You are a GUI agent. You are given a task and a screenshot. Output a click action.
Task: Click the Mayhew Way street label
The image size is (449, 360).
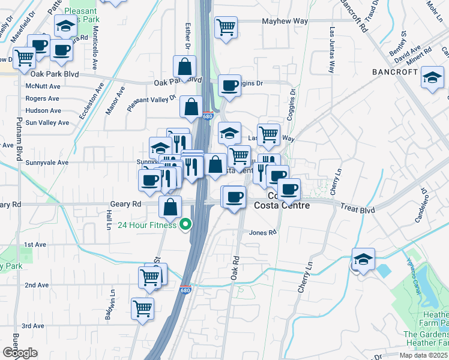[x=285, y=21]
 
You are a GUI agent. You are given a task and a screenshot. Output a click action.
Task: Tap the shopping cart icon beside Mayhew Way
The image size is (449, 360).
[x=226, y=27]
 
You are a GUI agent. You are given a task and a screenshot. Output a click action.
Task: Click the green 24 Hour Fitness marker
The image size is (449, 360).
[x=185, y=225]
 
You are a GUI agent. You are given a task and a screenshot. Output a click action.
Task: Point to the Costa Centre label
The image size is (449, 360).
[x=282, y=206]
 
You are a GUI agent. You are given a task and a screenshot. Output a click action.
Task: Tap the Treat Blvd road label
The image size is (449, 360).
[x=358, y=209]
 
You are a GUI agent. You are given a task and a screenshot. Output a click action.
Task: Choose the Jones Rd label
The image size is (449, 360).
[x=263, y=232]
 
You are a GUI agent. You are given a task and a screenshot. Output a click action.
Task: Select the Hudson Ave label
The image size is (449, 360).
[x=43, y=110]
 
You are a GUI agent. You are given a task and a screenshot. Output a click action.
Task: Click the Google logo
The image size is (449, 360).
[x=20, y=353]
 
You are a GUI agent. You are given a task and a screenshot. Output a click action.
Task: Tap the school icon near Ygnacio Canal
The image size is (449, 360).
[x=363, y=259]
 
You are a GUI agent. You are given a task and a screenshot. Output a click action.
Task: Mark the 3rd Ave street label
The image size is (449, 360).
[x=34, y=326]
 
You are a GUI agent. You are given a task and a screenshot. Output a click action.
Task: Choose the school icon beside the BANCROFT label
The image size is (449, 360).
[x=432, y=77]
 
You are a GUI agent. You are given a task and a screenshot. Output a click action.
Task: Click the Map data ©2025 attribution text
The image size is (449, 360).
[x=423, y=355]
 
